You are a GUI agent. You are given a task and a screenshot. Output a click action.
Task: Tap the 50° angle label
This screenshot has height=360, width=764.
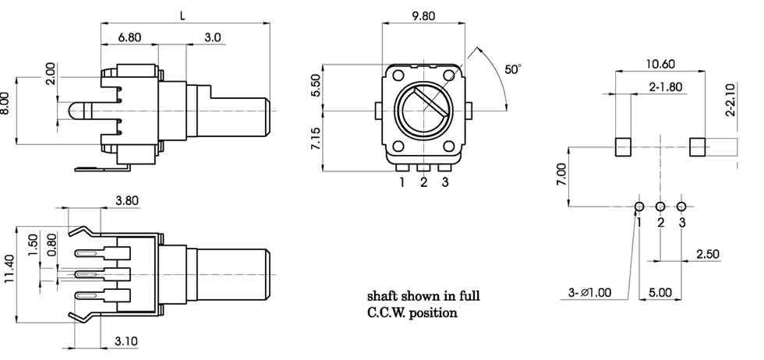pos(512,69)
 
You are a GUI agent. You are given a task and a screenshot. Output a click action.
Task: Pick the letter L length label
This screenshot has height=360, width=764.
pos(183,15)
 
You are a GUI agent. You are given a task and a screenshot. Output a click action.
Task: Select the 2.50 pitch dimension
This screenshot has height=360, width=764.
pos(707,254)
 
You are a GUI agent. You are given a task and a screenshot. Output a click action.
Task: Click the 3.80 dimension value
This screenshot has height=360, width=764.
pos(127,200)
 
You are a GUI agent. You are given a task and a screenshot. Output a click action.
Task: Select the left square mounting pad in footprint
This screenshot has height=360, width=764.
pos(623,146)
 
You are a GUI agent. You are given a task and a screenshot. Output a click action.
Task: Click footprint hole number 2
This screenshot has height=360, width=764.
pos(660,206)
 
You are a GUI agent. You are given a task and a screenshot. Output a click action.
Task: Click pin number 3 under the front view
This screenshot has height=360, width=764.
pos(445,183)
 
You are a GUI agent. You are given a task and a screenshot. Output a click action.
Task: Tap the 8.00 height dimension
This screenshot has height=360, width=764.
pos(6,104)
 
